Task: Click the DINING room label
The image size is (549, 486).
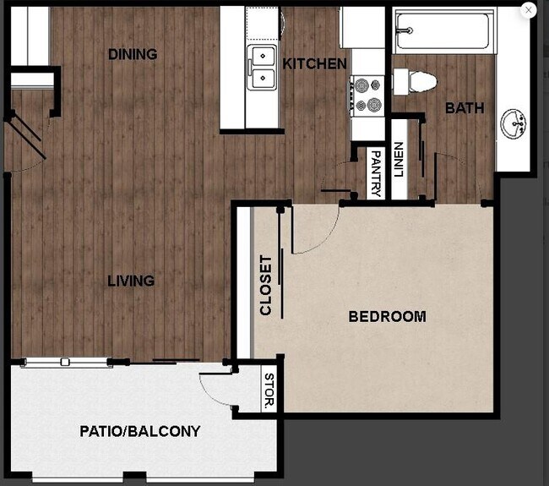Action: click(x=133, y=54)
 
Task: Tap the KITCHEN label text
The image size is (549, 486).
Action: click(x=314, y=64)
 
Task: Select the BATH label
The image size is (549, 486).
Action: click(x=465, y=107)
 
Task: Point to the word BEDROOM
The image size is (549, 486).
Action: click(x=387, y=317)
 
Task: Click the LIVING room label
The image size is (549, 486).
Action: click(x=131, y=281)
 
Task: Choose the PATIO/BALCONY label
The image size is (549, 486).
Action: click(x=140, y=431)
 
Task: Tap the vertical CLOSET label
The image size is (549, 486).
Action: click(x=267, y=285)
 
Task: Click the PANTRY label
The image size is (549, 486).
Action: click(x=376, y=174)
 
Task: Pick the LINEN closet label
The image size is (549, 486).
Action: click(x=399, y=158)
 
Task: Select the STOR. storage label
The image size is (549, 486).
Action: click(x=270, y=390)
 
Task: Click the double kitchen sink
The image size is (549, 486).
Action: click(x=263, y=68)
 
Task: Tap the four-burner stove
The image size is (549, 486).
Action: click(x=368, y=95)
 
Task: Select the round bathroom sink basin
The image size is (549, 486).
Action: click(x=514, y=123)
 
